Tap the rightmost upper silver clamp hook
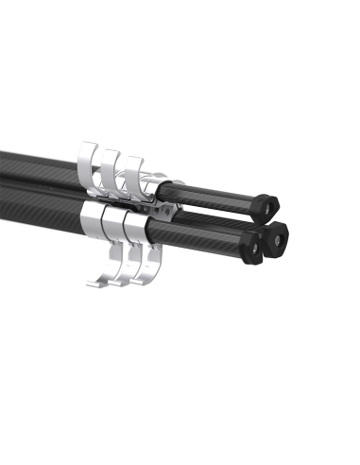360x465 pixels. (132, 168)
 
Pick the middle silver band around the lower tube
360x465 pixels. (117, 223)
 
